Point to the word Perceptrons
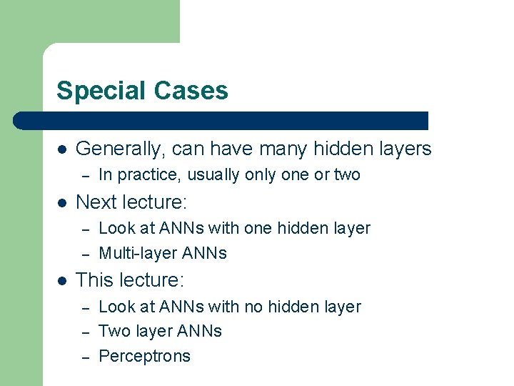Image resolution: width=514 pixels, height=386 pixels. tap(144, 356)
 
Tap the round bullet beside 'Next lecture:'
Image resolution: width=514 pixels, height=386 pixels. tap(61, 203)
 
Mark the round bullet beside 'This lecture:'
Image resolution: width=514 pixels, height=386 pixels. tap(61, 281)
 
